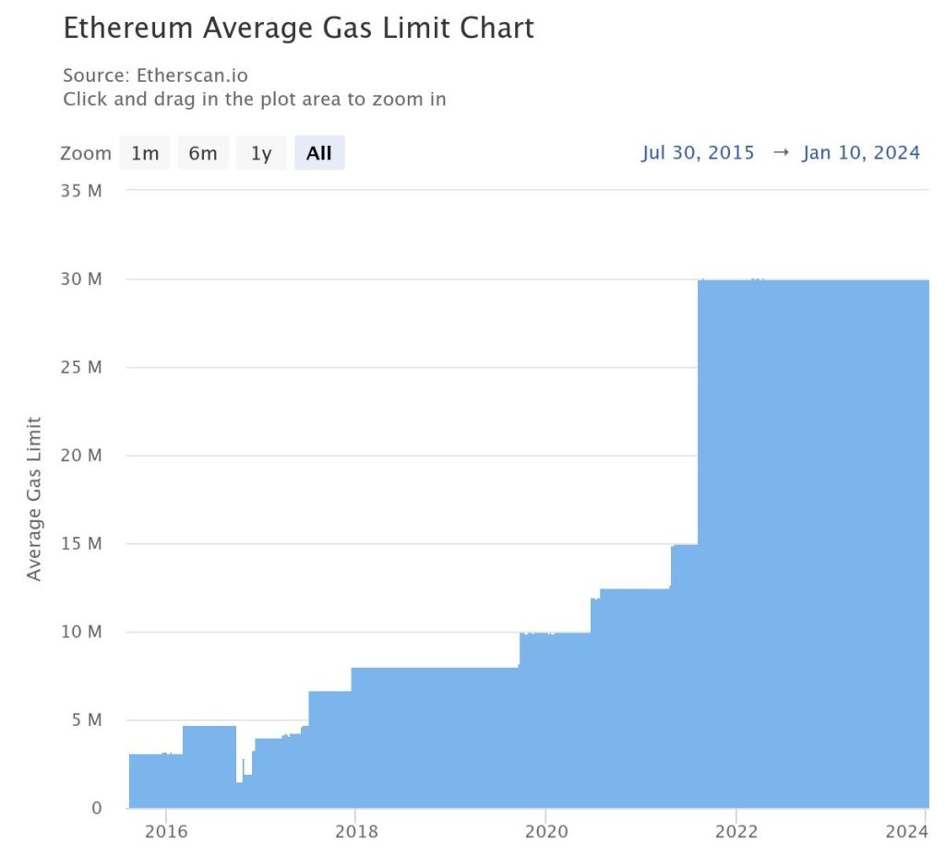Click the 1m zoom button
coord(145,153)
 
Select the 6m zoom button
coord(203,153)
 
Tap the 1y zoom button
coord(261,153)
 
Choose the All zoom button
coord(319,153)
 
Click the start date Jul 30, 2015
coord(698,153)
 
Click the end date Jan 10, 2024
coord(861,153)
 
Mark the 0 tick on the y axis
coord(96,809)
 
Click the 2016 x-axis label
coord(165,832)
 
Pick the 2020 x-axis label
coord(545,832)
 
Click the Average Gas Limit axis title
coord(35,499)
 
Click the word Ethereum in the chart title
coord(128,28)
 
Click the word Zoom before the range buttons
coord(85,153)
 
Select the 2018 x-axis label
coord(355,832)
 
